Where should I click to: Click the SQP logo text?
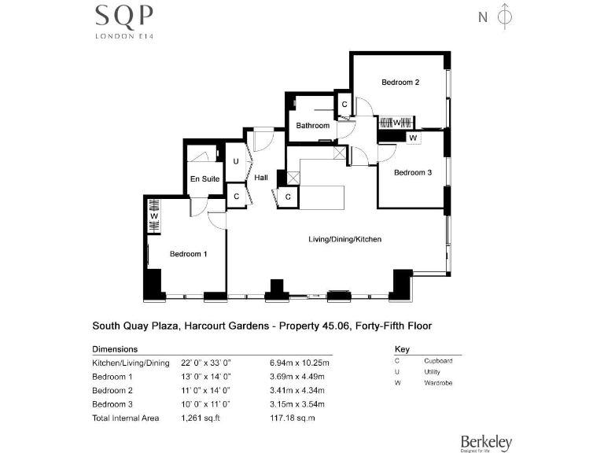pyautogui.click(x=124, y=16)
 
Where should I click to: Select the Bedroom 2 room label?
pyautogui.click(x=400, y=83)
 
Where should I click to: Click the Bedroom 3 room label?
pyautogui.click(x=413, y=173)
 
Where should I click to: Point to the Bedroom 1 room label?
pyautogui.click(x=189, y=254)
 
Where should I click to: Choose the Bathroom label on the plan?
pyautogui.click(x=312, y=126)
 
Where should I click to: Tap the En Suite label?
pyautogui.click(x=205, y=179)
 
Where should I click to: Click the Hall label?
pyautogui.click(x=261, y=178)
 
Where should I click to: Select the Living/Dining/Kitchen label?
pyautogui.click(x=344, y=238)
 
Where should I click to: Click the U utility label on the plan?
pyautogui.click(x=236, y=161)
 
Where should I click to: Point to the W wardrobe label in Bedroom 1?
pyautogui.click(x=154, y=215)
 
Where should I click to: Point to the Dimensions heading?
pyautogui.click(x=115, y=348)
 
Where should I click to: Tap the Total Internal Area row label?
pyautogui.click(x=126, y=418)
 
